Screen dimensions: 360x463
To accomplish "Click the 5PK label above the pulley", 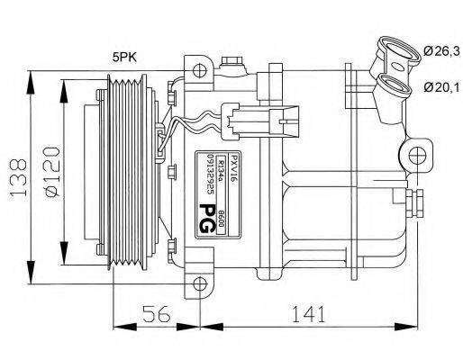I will pos(124,57).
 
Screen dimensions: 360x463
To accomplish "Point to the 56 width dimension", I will pos(158,315).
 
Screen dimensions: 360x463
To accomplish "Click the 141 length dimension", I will pos(306,315).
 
